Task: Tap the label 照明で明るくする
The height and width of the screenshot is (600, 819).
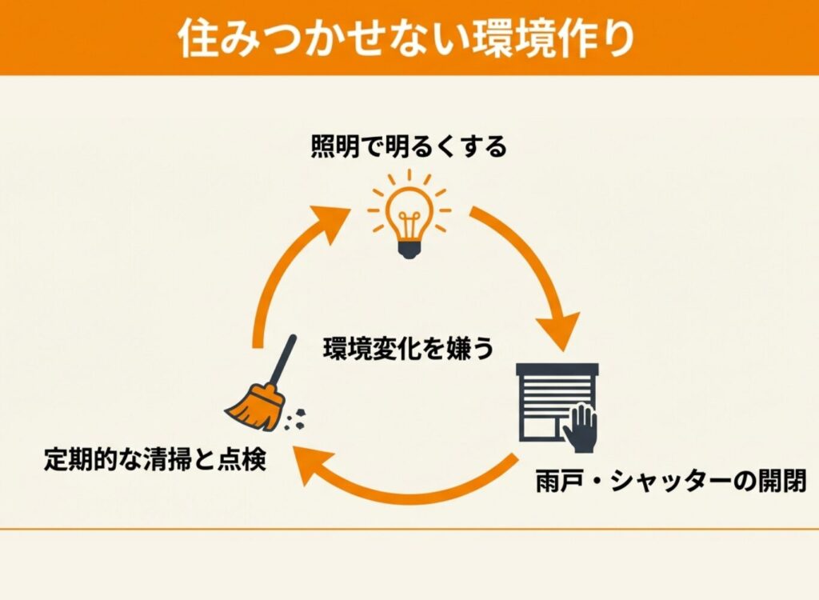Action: click(409, 147)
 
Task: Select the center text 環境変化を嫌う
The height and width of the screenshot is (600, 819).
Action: click(408, 349)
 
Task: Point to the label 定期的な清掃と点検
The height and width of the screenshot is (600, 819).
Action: click(154, 462)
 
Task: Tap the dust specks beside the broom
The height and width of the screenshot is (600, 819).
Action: click(300, 415)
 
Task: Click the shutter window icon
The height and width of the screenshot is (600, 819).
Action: click(557, 403)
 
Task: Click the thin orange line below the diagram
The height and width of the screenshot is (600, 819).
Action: click(409, 529)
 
